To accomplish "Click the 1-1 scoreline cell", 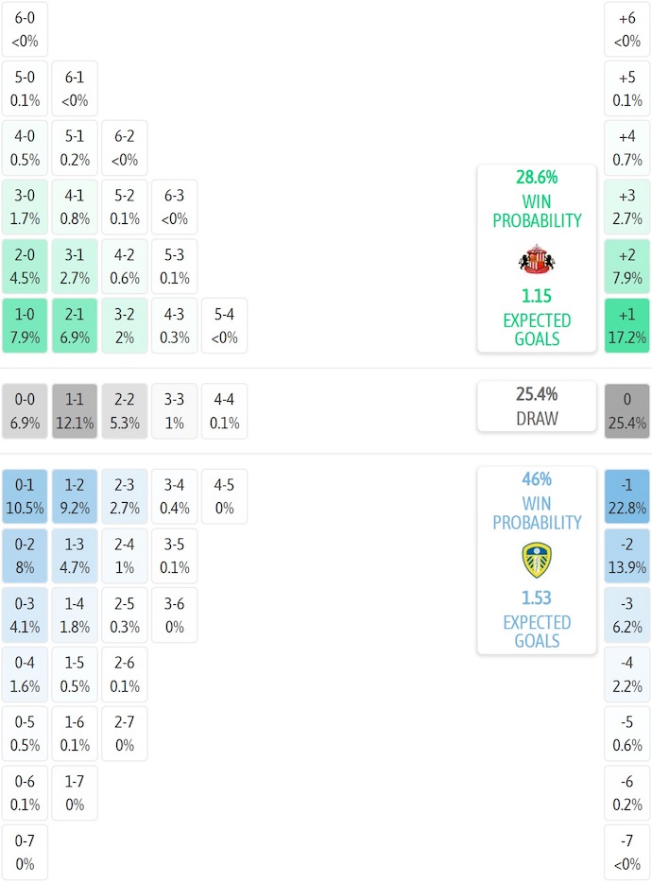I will [x=75, y=411].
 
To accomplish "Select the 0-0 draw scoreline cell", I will [x=25, y=411].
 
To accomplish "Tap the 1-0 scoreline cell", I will [x=25, y=325].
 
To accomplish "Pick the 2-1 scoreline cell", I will [x=75, y=325].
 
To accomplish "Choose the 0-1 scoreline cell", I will [x=25, y=496].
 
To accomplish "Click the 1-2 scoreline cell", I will [x=75, y=496].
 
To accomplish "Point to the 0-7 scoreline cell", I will [x=25, y=852].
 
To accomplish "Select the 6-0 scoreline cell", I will [x=25, y=29].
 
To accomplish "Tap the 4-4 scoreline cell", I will [x=224, y=411].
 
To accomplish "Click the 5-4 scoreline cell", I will [x=224, y=325].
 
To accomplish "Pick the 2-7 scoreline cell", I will [x=125, y=734].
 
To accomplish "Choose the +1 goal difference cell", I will [x=627, y=325].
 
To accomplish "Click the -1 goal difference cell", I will [x=627, y=496].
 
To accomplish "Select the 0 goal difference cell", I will [x=627, y=411].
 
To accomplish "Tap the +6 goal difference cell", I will [x=627, y=29].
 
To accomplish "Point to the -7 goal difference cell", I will [x=627, y=852].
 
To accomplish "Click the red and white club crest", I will [x=537, y=259].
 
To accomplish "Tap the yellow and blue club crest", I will [x=537, y=561].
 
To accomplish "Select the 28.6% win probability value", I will [x=537, y=177].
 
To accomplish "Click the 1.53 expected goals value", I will [x=537, y=598].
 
